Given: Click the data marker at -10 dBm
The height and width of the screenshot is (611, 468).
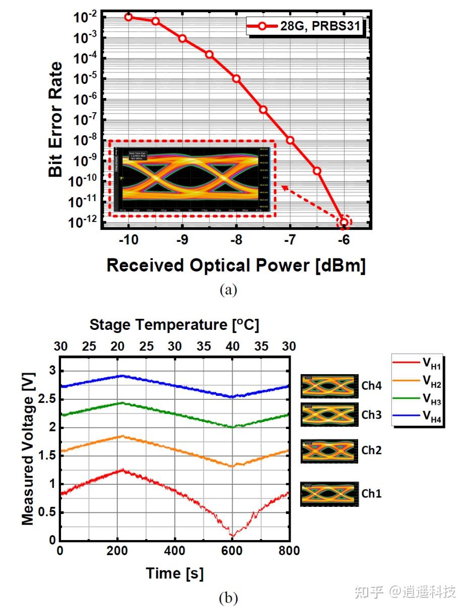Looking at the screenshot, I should [128, 17].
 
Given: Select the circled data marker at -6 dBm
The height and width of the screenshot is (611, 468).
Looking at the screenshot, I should [344, 222].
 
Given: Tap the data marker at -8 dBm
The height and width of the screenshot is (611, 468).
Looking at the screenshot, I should [236, 78].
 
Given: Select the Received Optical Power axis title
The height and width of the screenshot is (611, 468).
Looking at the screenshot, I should [236, 265].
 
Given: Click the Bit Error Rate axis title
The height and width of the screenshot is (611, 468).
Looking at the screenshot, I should [56, 119].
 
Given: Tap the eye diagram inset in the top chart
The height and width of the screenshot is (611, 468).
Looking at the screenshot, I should [192, 179].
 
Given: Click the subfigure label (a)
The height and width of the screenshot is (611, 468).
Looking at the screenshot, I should [228, 290].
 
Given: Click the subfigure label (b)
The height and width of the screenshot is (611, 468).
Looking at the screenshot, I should [228, 598].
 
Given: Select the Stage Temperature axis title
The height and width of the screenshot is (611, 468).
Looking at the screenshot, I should [174, 325].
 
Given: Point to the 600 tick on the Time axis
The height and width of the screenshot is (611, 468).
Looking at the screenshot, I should [232, 551].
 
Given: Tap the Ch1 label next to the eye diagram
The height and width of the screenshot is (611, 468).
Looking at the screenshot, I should [371, 494].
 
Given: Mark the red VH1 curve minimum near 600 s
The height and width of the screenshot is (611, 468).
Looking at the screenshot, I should [232, 535].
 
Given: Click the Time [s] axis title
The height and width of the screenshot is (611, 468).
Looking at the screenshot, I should [174, 573].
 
